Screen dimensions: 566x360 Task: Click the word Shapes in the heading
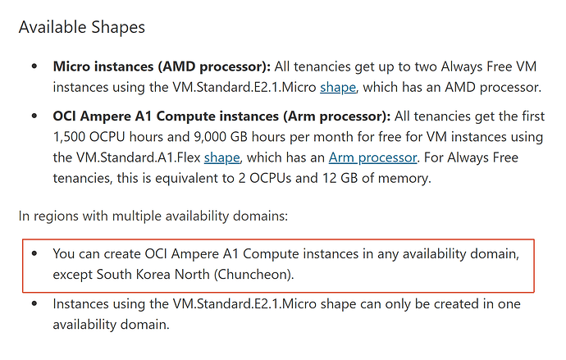point(117,28)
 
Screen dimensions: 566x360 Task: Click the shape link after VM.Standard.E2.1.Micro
point(338,88)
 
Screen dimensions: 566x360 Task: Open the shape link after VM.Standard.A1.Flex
point(221,158)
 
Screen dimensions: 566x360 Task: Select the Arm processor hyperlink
point(372,158)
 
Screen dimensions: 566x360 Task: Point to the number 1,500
point(69,137)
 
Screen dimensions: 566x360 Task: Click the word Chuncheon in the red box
point(253,275)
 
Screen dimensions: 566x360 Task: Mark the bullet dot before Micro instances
point(34,66)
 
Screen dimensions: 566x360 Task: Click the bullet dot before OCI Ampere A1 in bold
point(34,116)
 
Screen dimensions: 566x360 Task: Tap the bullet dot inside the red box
point(34,253)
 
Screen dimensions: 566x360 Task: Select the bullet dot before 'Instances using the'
point(34,303)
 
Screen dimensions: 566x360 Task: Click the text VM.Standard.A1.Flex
point(139,157)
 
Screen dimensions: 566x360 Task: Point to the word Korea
point(153,275)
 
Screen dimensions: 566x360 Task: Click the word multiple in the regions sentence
point(139,216)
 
